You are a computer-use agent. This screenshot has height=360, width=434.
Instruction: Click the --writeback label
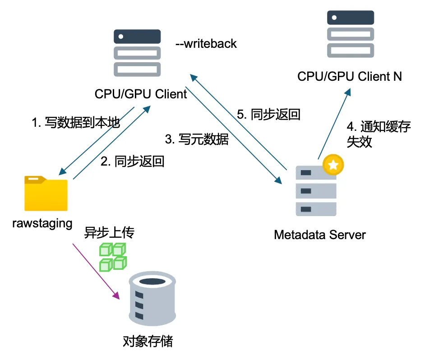[206, 44]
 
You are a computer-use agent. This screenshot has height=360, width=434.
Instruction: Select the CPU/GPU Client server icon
[137, 53]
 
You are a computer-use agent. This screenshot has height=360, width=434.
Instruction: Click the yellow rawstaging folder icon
[46, 194]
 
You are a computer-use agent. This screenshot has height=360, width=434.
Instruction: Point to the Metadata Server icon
[316, 191]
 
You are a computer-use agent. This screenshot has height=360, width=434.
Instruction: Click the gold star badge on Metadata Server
[333, 165]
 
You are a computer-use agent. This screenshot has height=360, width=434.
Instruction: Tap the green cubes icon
[113, 257]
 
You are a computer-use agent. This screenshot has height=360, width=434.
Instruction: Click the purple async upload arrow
[96, 271]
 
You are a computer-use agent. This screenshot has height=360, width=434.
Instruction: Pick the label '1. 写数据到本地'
[76, 123]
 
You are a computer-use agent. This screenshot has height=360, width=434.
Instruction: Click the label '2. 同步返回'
[132, 161]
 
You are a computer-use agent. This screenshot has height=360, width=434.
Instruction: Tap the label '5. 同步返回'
[269, 114]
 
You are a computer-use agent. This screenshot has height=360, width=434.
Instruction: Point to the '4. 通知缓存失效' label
[379, 134]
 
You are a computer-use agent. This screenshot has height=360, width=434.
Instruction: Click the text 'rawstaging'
[42, 223]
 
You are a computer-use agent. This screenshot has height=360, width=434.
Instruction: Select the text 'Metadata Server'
[320, 235]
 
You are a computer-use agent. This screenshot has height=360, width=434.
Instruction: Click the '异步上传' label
[110, 233]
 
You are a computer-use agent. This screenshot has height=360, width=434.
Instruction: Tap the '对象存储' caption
[148, 341]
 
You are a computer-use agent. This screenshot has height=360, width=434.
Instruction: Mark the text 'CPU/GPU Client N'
[350, 76]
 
